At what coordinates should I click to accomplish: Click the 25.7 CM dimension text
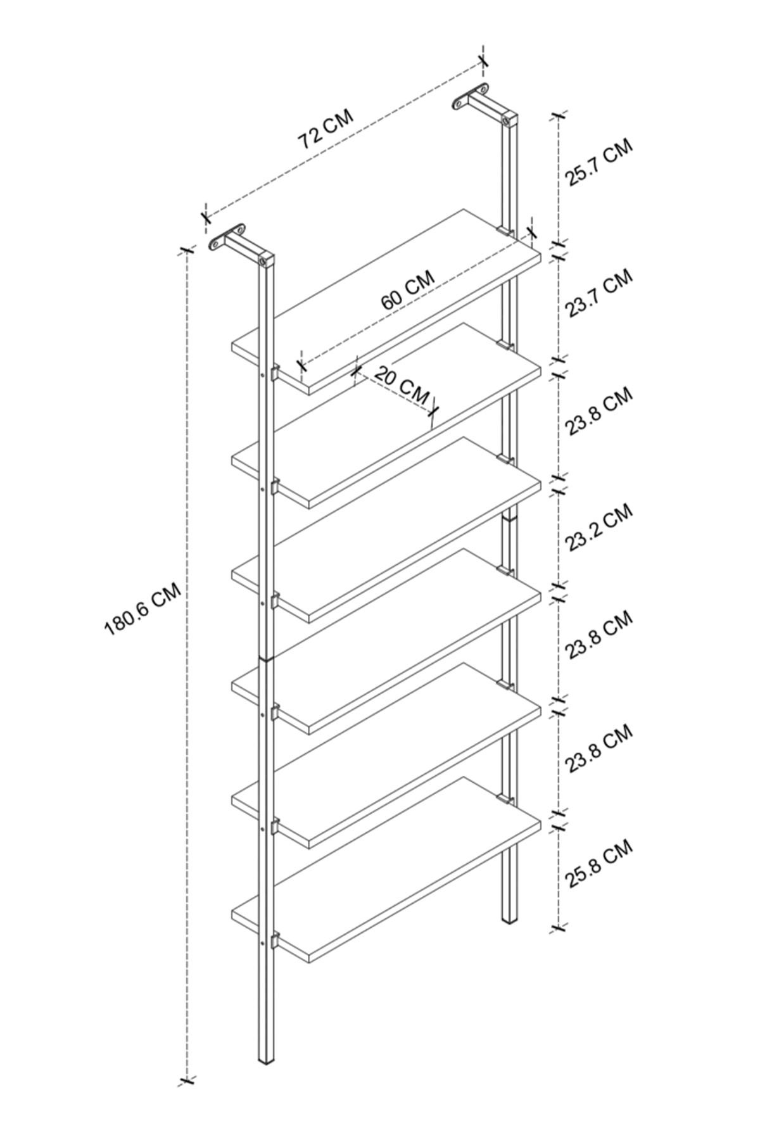(x=599, y=163)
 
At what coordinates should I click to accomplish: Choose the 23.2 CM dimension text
(x=599, y=528)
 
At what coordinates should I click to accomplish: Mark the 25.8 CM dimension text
(x=599, y=865)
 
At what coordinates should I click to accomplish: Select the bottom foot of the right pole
(x=509, y=916)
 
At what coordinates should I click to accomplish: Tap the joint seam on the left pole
(x=267, y=659)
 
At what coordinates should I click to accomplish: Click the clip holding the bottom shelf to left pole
(x=275, y=941)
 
